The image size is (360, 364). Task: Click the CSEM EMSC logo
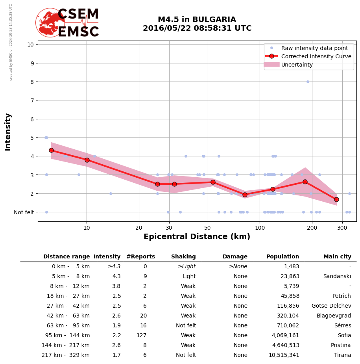[x=67, y=23]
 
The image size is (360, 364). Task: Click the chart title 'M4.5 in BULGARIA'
[x=197, y=20]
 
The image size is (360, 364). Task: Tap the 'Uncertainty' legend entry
[x=297, y=65]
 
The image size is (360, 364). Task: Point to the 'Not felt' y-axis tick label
[x=24, y=212]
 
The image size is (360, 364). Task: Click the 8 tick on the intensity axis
[x=31, y=82]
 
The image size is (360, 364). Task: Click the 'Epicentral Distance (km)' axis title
[x=197, y=237]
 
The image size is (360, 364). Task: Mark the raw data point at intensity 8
[x=308, y=82]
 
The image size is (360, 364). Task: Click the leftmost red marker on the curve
[x=51, y=150]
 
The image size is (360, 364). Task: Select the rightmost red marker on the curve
[x=336, y=199]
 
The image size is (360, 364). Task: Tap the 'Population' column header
[x=282, y=257]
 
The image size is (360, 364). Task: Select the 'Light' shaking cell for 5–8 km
[x=189, y=277]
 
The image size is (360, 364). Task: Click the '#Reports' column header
[x=140, y=257]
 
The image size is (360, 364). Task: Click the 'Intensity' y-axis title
[x=8, y=132]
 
